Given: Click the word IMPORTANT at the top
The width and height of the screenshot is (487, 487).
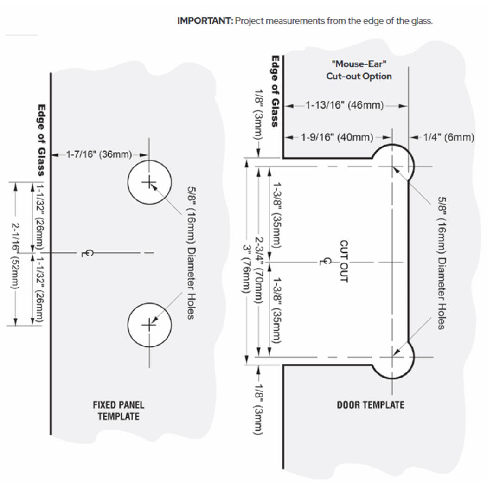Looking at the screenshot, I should click(205, 21).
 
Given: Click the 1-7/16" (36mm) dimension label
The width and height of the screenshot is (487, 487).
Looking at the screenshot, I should click(100, 154).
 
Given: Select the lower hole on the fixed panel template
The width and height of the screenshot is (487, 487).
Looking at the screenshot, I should click(149, 325).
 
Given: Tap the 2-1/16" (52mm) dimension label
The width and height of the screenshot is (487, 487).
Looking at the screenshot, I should click(16, 254).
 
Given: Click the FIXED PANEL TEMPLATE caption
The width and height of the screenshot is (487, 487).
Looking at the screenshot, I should click(118, 410).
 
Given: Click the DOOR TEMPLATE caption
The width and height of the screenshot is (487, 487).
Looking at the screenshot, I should click(371, 405).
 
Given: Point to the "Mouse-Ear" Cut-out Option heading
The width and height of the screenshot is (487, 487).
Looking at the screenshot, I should click(359, 70).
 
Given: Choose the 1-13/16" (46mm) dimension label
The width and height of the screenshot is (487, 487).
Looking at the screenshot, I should click(345, 105).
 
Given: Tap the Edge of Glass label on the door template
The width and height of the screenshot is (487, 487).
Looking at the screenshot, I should click(275, 91).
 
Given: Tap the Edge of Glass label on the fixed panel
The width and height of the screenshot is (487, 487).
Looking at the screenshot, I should click(41, 139).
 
